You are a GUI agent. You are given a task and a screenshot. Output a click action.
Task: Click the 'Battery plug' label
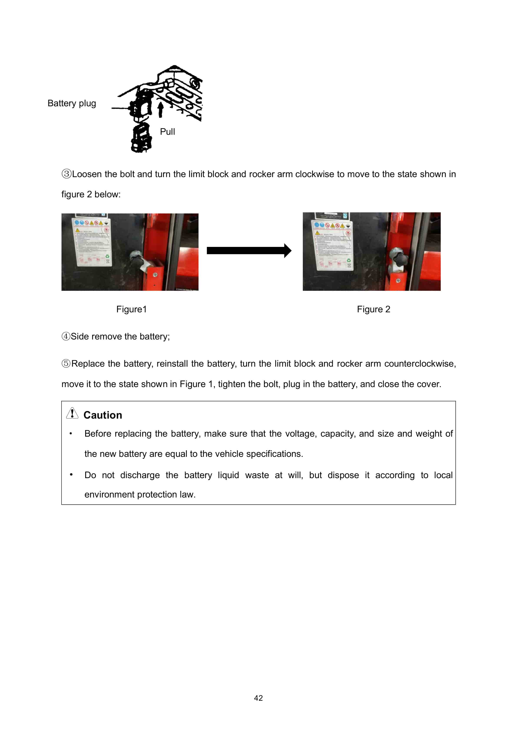coord(72,103)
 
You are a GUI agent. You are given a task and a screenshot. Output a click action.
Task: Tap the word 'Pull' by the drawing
coord(167,132)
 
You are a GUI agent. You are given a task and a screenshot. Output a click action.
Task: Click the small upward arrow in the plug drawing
coord(161,109)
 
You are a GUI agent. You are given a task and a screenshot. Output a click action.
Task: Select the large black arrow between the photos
coord(249,251)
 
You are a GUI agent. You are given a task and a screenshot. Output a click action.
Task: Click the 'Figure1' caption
coord(131,309)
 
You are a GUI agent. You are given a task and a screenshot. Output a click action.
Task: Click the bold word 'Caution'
coord(103,415)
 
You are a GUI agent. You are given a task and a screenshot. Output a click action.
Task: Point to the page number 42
coord(258,698)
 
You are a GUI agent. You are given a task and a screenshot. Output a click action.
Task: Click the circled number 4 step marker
coord(66,336)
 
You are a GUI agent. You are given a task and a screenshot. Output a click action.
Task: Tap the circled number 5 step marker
coord(66,363)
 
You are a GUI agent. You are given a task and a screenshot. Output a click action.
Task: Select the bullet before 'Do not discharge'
coord(71,475)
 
